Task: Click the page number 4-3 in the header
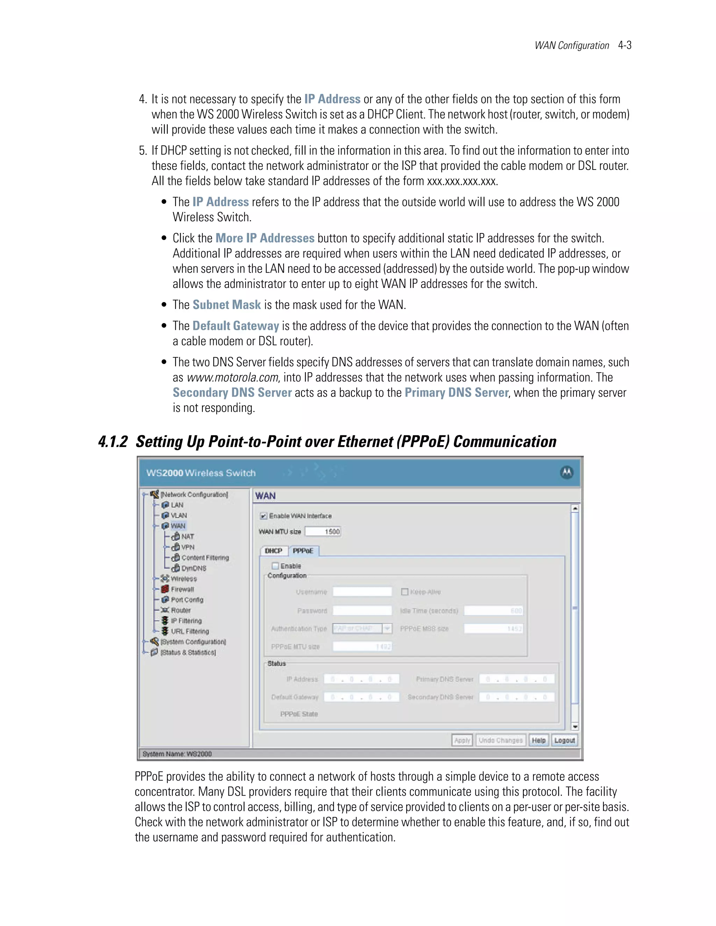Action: coord(624,45)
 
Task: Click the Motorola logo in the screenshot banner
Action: coord(567,472)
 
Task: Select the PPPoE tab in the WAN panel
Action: coord(303,551)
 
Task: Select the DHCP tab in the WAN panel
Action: coord(274,551)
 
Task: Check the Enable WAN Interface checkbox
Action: coord(263,516)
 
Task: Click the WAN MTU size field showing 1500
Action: coord(323,532)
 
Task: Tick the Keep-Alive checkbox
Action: coord(404,592)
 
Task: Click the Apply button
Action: coord(462,740)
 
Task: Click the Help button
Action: coord(539,740)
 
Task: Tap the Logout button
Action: coord(565,740)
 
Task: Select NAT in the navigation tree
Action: coord(187,536)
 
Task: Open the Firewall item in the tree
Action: coord(182,589)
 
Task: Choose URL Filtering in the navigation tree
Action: coord(189,631)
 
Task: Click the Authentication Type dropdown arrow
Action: coord(387,628)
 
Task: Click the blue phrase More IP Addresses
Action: coord(265,238)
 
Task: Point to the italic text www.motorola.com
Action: coord(232,377)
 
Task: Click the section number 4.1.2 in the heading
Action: coord(113,442)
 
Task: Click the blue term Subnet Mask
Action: coord(227,305)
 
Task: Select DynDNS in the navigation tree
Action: coord(193,568)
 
